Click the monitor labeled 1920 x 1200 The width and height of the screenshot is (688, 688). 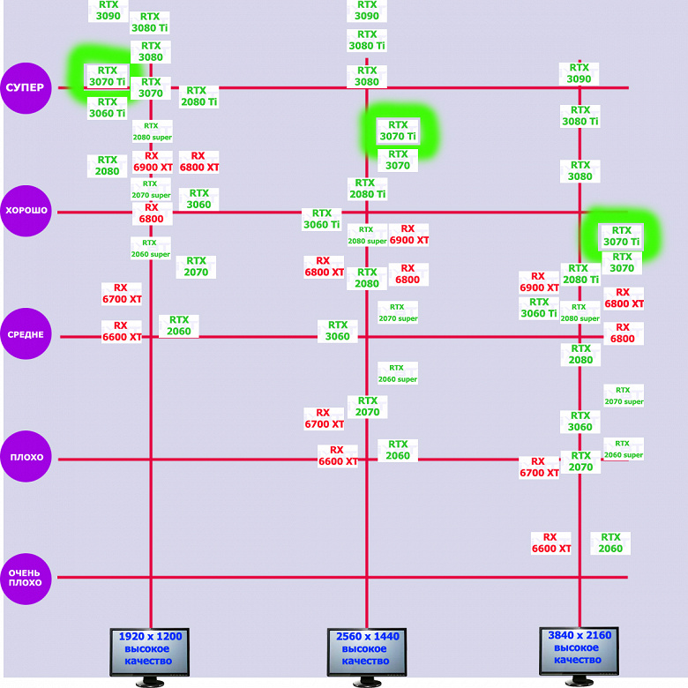point(150,653)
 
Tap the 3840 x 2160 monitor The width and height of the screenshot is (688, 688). point(579,652)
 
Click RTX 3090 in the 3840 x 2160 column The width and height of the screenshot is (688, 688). point(579,74)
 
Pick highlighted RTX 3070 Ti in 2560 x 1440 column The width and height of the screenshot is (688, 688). point(398,131)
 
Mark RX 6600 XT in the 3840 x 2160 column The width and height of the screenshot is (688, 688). point(551,542)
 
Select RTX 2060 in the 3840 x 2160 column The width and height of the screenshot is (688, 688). point(610,542)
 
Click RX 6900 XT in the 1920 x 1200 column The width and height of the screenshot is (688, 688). point(152,161)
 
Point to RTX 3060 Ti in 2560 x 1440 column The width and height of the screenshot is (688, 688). point(322,219)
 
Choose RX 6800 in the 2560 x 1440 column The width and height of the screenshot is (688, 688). point(408,274)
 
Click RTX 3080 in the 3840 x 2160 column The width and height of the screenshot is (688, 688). point(580,171)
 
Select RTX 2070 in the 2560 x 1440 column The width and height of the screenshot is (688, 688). point(367,407)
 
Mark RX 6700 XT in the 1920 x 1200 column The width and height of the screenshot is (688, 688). point(122,294)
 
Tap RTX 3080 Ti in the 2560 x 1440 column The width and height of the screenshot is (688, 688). point(367,40)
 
